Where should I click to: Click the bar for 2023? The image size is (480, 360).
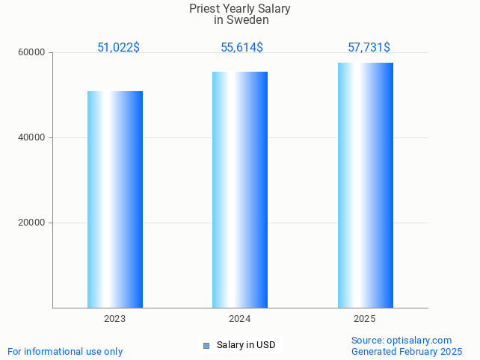(115, 199)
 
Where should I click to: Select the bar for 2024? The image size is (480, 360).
(240, 189)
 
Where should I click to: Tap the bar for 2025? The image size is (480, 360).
(365, 184)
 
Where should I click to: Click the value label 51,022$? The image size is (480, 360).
(118, 47)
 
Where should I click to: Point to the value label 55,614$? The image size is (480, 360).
(241, 47)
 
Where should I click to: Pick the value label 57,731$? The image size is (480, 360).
(369, 47)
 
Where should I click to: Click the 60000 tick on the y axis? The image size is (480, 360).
(32, 53)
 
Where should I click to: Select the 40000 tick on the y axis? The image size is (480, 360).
(32, 137)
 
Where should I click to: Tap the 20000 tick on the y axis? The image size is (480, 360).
(32, 223)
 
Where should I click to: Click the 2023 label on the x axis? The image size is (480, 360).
(114, 319)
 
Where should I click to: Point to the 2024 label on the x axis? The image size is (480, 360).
(239, 319)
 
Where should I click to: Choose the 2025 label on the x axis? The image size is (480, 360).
(364, 319)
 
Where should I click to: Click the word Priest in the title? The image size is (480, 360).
(205, 9)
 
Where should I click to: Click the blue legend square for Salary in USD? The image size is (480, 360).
(206, 345)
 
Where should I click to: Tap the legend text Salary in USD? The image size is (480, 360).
(246, 345)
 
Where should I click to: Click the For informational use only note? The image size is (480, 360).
(65, 351)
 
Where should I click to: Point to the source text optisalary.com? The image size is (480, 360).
(419, 340)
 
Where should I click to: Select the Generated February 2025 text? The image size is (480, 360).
(406, 351)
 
